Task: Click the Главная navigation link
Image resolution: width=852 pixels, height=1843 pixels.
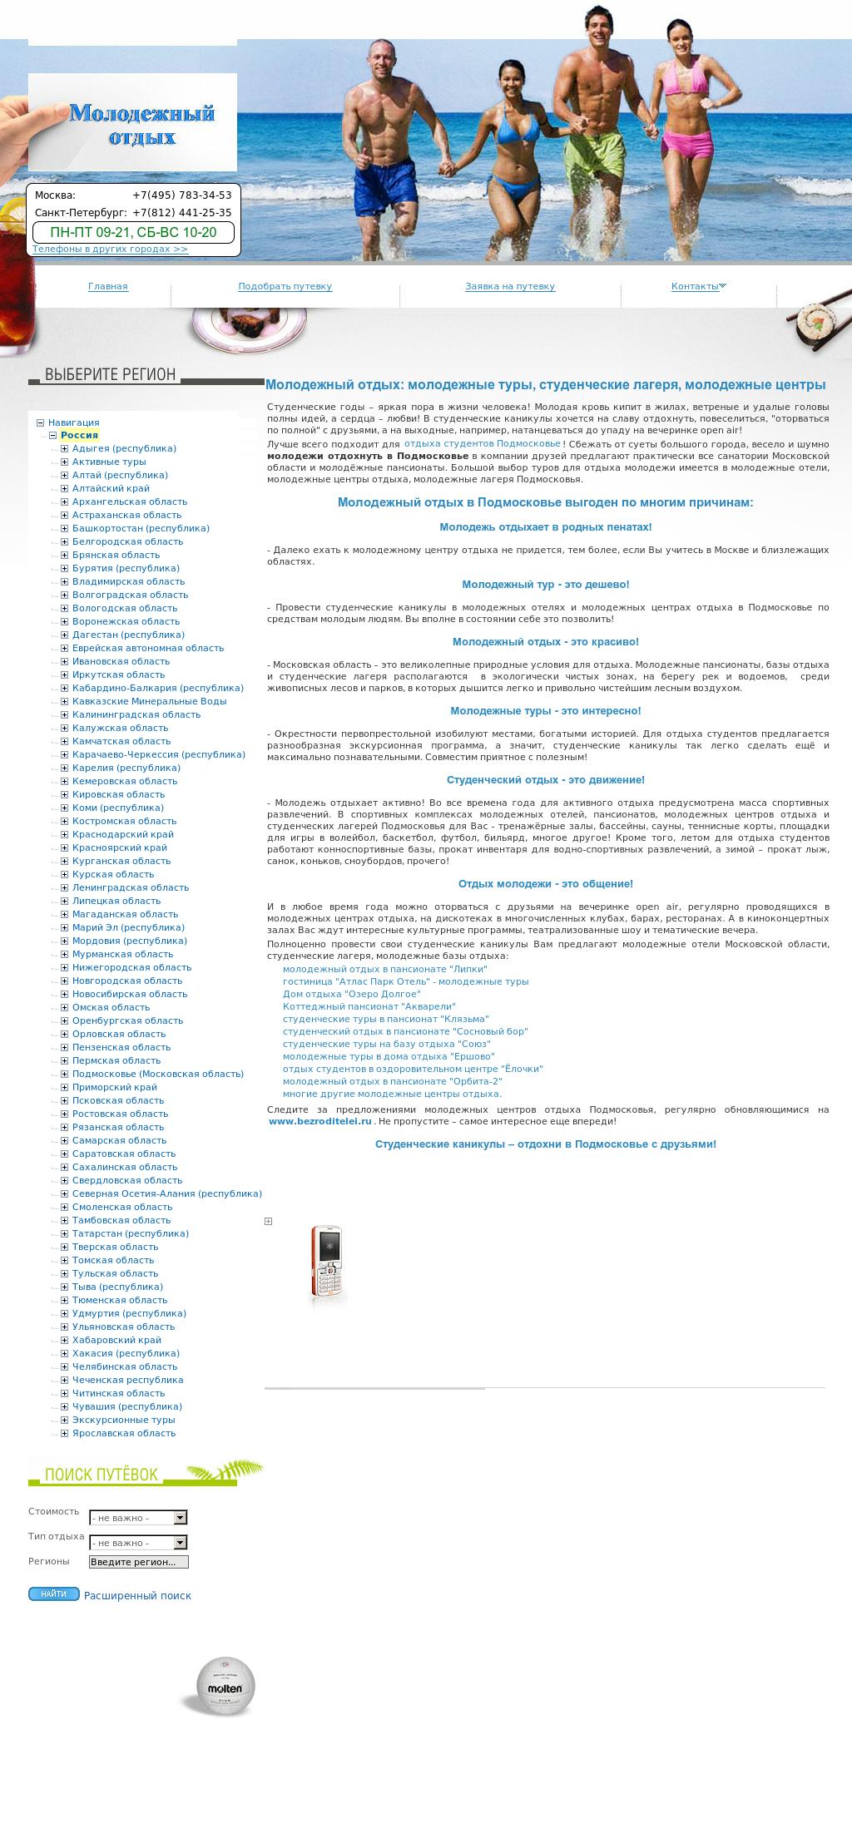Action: pyautogui.click(x=108, y=287)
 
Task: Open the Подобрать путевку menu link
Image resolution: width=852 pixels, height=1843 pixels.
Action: pyautogui.click(x=285, y=287)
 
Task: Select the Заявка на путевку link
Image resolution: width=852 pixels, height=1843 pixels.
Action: pyautogui.click(x=510, y=287)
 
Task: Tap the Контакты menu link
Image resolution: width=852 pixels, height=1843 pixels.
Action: pyautogui.click(x=696, y=287)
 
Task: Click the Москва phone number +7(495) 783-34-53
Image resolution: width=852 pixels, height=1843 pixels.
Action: pyautogui.click(x=182, y=195)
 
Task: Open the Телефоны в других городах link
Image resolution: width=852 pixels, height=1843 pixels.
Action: pyautogui.click(x=110, y=250)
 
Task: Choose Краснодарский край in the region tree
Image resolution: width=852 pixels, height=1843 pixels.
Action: pyautogui.click(x=123, y=834)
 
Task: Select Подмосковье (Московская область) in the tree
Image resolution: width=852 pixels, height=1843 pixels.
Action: pyautogui.click(x=158, y=1074)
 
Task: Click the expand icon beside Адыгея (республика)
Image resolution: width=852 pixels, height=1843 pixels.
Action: pyautogui.click(x=65, y=449)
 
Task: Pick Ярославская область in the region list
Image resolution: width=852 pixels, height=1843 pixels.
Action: pyautogui.click(x=124, y=1433)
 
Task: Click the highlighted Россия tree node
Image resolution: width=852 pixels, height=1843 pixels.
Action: pyautogui.click(x=79, y=435)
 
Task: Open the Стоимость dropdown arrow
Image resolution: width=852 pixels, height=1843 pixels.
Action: pyautogui.click(x=181, y=1518)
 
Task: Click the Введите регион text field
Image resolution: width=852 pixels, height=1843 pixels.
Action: pyautogui.click(x=138, y=1562)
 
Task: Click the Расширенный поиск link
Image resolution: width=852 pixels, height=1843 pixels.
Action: pyautogui.click(x=137, y=1596)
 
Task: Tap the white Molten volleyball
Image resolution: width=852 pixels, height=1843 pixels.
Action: pyautogui.click(x=225, y=1686)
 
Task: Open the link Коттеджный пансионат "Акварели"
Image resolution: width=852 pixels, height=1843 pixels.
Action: pyautogui.click(x=344, y=1006)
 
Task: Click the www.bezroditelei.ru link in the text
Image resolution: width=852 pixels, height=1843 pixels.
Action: pyautogui.click(x=320, y=1121)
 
